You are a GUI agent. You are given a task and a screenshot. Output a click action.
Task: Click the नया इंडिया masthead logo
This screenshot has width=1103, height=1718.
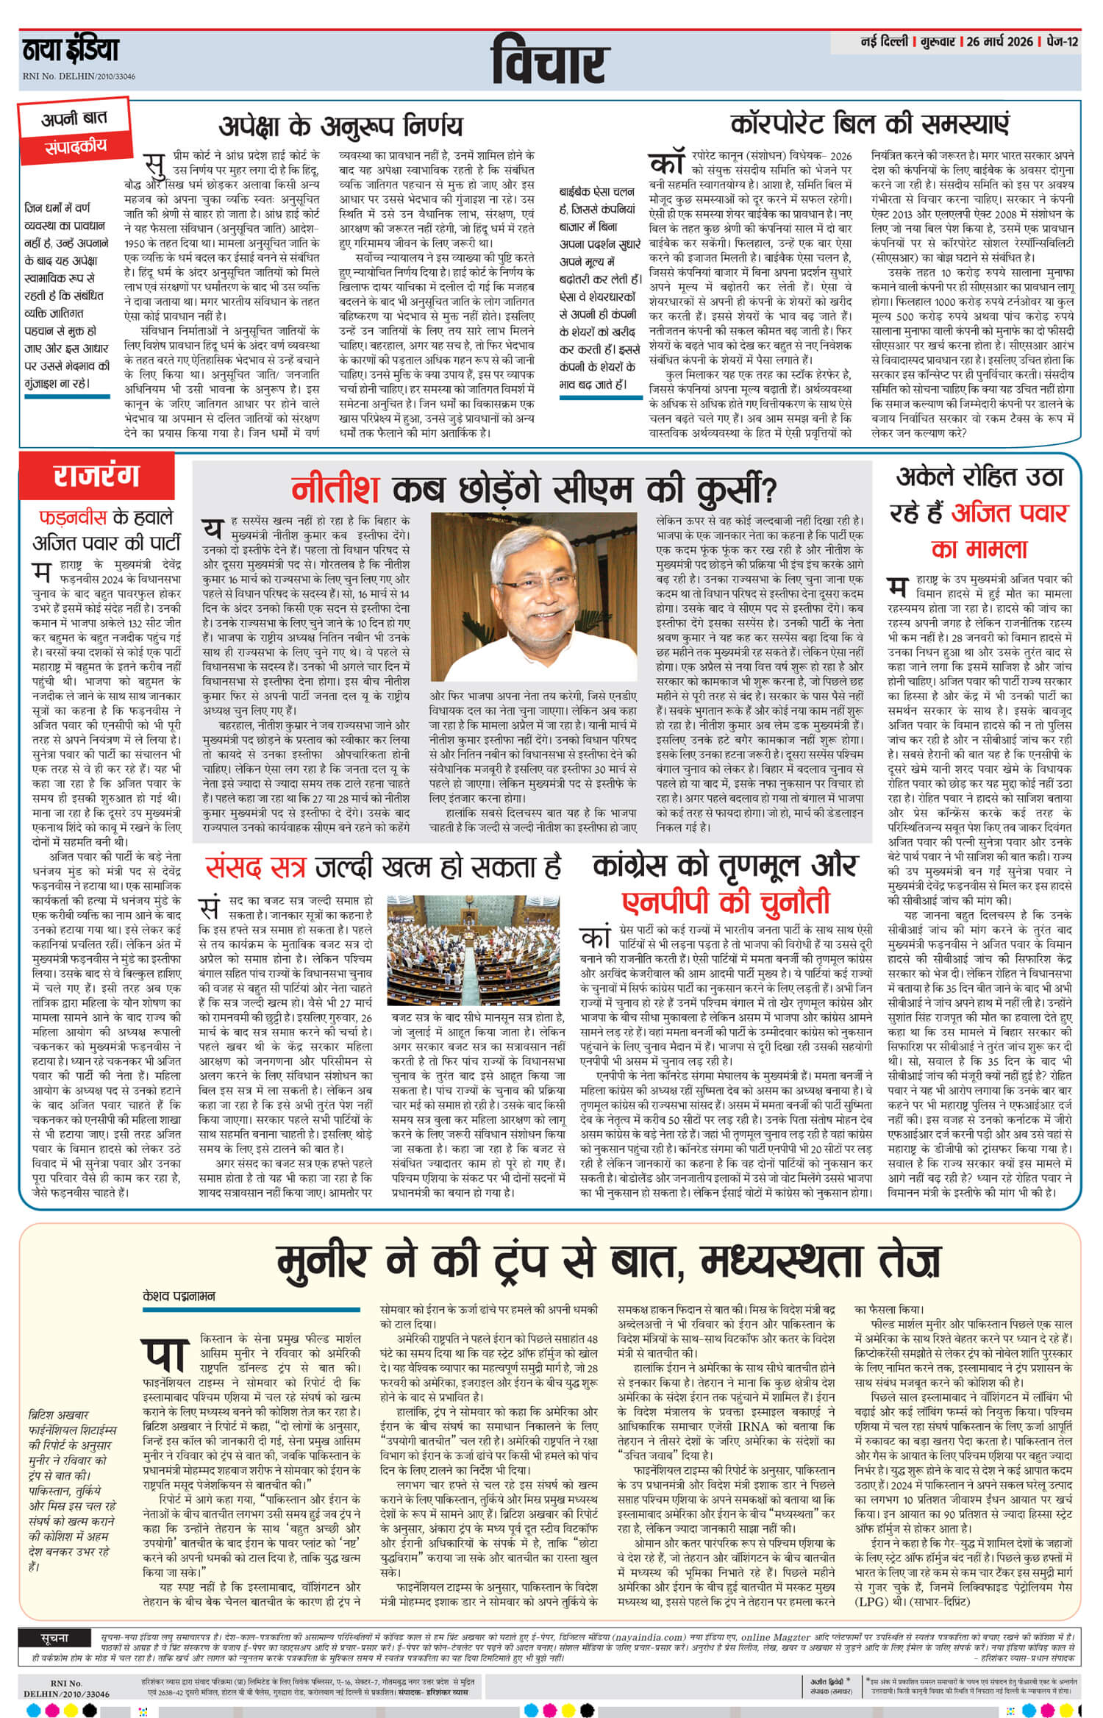[70, 50]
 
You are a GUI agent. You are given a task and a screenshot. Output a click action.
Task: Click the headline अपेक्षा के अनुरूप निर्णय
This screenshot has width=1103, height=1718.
[340, 125]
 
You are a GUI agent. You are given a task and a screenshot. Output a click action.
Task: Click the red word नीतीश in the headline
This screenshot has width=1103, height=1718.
[335, 489]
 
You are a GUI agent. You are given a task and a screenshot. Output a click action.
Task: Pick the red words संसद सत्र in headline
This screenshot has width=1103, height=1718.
[254, 868]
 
